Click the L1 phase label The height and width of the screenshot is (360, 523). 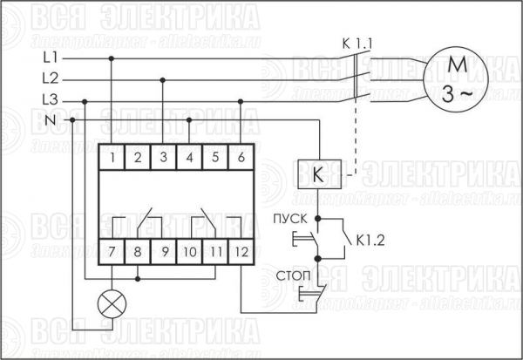coord(51,58)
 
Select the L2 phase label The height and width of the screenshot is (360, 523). coord(51,78)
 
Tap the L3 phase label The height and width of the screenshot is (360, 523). coord(51,99)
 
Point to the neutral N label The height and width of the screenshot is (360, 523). coord(51,119)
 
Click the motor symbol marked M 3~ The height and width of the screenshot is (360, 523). coord(456,79)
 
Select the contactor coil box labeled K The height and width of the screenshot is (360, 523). coord(319,174)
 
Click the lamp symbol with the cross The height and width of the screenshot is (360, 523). coord(112,304)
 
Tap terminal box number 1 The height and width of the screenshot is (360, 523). coord(112,157)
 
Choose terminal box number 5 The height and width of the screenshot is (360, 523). coord(215,157)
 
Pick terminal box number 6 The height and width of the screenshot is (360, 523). coord(241,157)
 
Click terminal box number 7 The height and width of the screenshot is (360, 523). coord(112,252)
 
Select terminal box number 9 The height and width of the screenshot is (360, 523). coord(164,252)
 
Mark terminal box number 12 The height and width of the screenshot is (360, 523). coord(241,252)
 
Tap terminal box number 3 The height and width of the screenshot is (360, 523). coord(164,157)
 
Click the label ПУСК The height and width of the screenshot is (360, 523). coord(290,219)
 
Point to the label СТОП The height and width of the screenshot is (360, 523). coord(293,276)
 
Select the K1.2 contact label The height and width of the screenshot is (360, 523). coord(370,241)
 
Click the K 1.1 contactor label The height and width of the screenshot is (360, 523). coord(357,44)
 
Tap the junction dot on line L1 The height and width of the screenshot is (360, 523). coord(112,58)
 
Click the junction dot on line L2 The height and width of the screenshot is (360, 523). coord(163,80)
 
